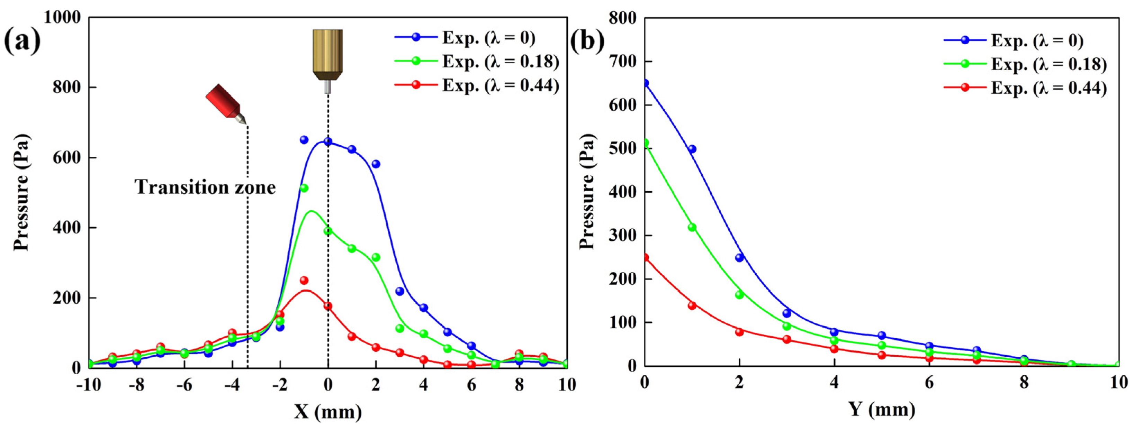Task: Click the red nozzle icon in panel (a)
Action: [x=225, y=104]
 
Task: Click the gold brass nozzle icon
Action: [x=327, y=57]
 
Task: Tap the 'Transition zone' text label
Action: [x=205, y=187]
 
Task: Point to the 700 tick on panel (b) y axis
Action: [x=622, y=61]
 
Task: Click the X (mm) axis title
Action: [x=328, y=412]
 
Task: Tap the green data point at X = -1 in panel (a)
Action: [x=304, y=188]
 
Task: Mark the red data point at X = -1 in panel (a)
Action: [x=304, y=280]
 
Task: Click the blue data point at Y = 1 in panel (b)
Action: [x=692, y=149]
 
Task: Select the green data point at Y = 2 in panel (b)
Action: [x=740, y=295]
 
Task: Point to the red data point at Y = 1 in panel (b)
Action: [x=692, y=305]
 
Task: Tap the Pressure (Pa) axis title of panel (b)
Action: [x=587, y=191]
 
